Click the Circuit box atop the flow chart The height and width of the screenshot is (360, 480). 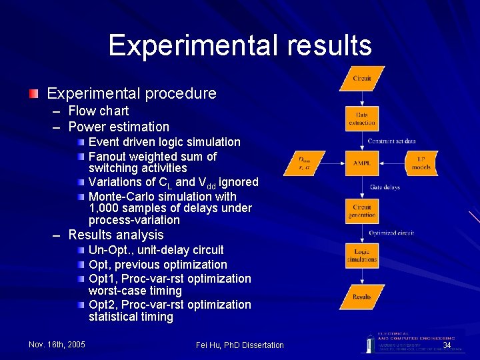pyautogui.click(x=362, y=79)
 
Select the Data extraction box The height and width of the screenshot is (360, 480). pyautogui.click(x=362, y=119)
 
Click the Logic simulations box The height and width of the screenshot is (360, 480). pyautogui.click(x=362, y=256)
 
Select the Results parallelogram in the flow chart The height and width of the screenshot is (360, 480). pyautogui.click(x=362, y=297)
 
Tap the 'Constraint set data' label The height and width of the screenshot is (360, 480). pyautogui.click(x=392, y=141)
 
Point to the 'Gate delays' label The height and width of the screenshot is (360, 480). pyautogui.click(x=385, y=187)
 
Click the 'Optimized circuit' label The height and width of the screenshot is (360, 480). pyautogui.click(x=391, y=233)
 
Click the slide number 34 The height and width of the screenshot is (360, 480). pyautogui.click(x=447, y=345)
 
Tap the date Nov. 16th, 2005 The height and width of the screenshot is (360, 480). pyautogui.click(x=57, y=345)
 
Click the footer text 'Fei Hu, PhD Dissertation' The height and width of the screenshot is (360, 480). pyautogui.click(x=240, y=345)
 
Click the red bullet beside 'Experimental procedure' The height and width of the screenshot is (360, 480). pyautogui.click(x=33, y=93)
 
